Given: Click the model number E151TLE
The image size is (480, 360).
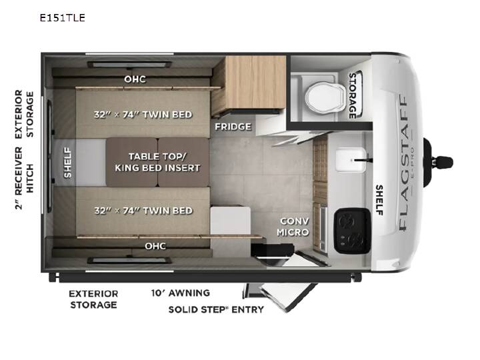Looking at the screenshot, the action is click(63, 18).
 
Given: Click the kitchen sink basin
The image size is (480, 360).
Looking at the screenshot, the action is click(351, 159).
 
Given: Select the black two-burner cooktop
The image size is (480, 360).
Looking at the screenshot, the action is click(352, 231).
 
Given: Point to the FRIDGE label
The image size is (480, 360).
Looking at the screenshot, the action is click(233, 127).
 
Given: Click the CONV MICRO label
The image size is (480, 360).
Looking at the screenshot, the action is click(293, 227).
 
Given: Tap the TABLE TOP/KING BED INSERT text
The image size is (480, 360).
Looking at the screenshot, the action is click(157, 162).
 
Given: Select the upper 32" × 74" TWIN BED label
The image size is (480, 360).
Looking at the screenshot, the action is click(143, 115).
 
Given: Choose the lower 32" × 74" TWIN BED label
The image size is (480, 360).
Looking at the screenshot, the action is click(143, 211).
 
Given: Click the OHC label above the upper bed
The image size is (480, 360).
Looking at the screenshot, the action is click(135, 79).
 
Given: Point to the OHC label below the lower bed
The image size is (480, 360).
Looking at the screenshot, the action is click(155, 246).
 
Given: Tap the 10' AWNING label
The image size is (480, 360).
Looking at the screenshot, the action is click(181, 293).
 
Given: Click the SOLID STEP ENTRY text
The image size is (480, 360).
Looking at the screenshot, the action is click(216, 309).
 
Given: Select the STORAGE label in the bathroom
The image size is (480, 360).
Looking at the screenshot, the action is click(353, 95).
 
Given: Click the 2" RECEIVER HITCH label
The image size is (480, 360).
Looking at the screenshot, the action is click(24, 178).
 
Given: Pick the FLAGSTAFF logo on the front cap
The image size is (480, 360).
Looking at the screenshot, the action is click(403, 162).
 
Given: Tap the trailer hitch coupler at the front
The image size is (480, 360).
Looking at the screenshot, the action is click(439, 162).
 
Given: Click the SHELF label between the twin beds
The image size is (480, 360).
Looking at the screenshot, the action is click(67, 163).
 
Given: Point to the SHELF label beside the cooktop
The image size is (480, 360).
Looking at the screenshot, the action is click(379, 200).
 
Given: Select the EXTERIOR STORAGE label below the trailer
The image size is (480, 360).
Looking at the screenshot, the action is click(93, 299).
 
